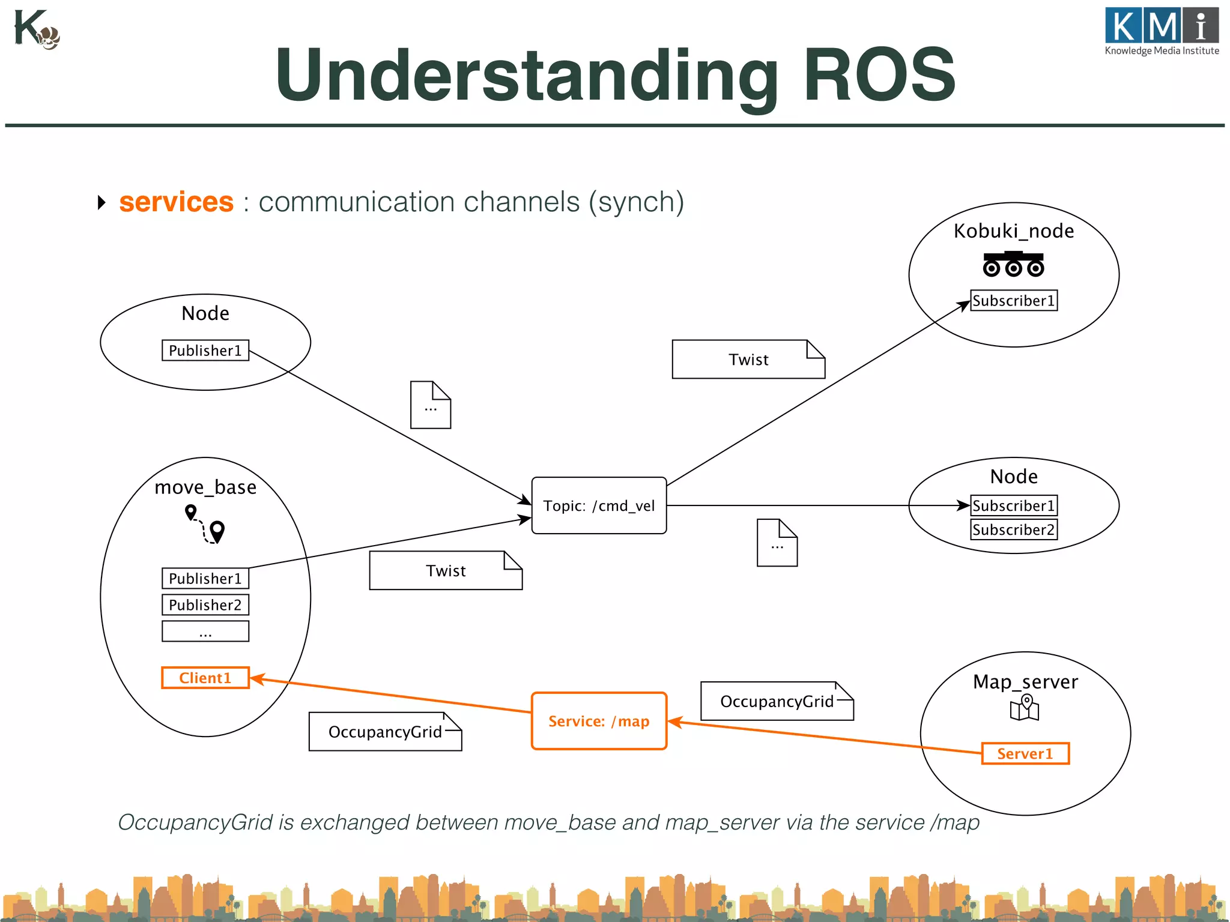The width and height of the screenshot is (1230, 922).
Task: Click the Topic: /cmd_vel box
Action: (x=599, y=505)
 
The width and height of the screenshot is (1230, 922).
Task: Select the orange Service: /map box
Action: (x=599, y=721)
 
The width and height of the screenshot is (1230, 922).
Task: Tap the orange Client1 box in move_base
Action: (x=205, y=678)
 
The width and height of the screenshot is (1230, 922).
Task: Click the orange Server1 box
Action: (x=1025, y=753)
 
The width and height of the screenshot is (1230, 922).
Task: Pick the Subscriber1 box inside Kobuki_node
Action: (x=1014, y=300)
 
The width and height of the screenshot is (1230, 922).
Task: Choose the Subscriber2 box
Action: (x=1014, y=529)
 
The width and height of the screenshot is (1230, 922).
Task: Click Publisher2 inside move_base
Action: (x=205, y=604)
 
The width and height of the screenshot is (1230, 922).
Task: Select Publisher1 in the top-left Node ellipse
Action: (x=205, y=350)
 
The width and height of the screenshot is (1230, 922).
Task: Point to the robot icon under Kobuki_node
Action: (x=1013, y=264)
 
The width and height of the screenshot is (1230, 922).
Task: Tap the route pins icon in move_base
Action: (x=205, y=524)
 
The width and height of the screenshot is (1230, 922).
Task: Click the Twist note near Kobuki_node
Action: (x=748, y=360)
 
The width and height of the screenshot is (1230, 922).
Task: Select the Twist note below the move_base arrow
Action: (x=446, y=570)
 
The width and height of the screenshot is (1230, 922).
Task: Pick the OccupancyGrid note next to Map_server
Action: (x=777, y=701)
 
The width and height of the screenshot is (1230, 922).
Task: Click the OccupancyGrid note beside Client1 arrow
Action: (x=385, y=732)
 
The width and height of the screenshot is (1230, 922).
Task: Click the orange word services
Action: (x=176, y=202)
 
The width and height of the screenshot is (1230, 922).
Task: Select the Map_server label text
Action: (x=1025, y=681)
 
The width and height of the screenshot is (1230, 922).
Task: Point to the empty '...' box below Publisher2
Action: (x=205, y=631)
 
